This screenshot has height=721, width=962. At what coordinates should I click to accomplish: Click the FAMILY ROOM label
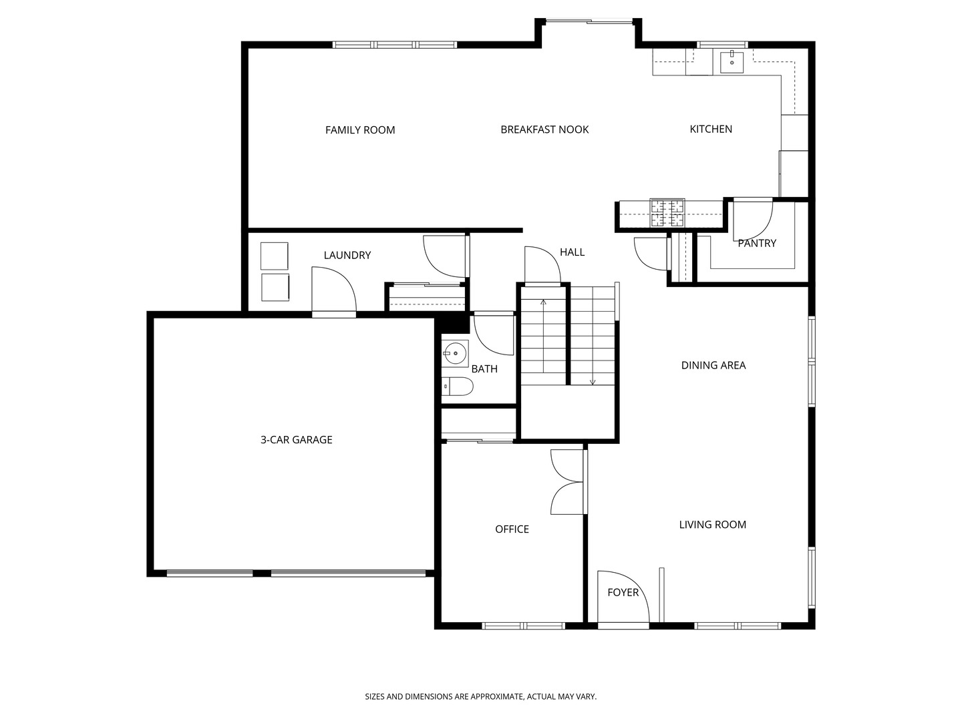coord(360,130)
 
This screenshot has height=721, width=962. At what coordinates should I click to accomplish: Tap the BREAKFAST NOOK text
coord(544,130)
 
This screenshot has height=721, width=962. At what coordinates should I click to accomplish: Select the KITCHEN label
coord(710,129)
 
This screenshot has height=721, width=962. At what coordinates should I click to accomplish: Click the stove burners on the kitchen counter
coord(667,213)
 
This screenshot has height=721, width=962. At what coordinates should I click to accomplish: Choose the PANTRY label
coord(757,244)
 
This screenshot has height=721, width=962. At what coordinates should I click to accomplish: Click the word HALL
coord(572,252)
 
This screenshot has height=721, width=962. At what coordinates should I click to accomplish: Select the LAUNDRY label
coord(347,255)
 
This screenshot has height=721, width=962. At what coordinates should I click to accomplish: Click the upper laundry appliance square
coord(275,256)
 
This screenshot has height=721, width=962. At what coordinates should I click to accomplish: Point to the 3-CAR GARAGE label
coord(296,439)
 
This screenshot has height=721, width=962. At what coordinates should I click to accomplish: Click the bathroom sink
coord(456,352)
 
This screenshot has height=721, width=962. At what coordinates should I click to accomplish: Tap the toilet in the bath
coord(457,387)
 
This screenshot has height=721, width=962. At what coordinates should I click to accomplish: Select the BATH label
coord(484,369)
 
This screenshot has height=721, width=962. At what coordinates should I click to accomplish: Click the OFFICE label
coord(512,529)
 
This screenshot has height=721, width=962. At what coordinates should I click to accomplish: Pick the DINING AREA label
coord(713,365)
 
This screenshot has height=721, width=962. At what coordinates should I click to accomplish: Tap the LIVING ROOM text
coord(713,525)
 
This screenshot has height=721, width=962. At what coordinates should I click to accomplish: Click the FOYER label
coord(623,592)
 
